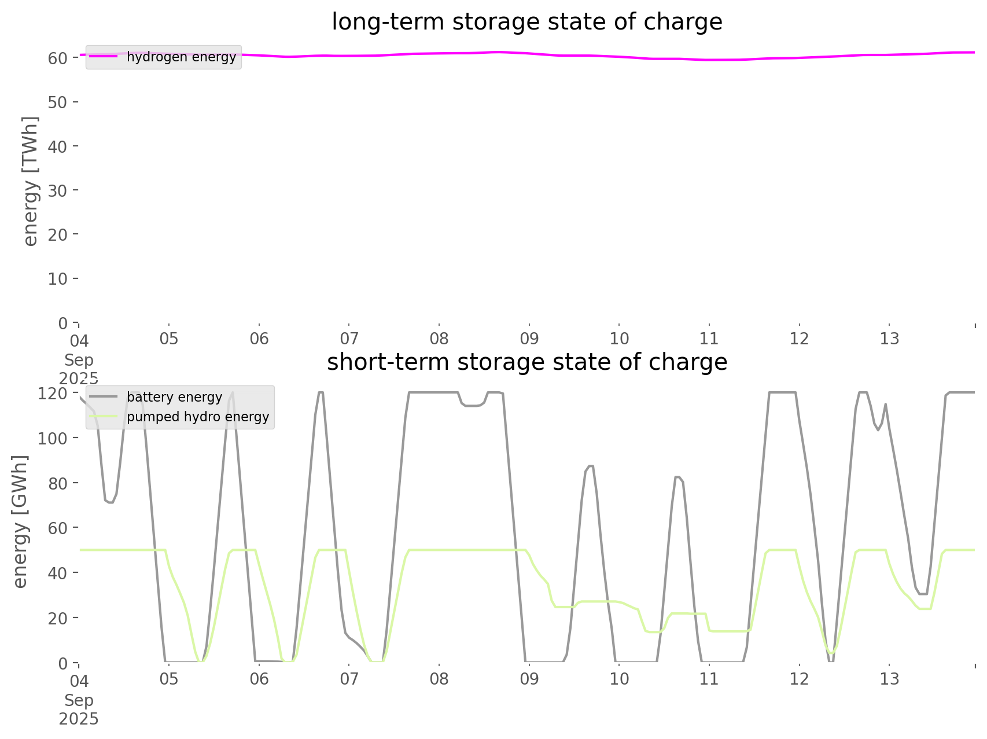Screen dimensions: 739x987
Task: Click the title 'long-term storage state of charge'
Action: (526, 22)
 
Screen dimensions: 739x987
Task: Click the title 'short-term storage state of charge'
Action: (526, 362)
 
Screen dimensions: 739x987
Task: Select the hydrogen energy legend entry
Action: (181, 57)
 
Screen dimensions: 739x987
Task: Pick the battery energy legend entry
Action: (174, 397)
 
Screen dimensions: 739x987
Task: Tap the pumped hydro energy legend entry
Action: (197, 417)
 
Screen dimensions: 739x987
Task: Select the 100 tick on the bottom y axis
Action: (53, 438)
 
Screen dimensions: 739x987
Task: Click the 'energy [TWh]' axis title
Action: (30, 181)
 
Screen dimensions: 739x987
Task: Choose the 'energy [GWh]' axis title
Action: (20, 521)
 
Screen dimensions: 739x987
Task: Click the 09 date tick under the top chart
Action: (529, 339)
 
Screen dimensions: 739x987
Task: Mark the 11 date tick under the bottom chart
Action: (709, 679)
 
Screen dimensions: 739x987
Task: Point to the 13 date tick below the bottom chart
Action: (889, 679)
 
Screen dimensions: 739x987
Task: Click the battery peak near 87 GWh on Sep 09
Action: (590, 466)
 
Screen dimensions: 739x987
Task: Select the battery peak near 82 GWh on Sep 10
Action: (677, 477)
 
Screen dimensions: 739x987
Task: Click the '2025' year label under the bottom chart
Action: (79, 719)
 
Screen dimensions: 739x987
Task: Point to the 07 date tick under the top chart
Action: (349, 339)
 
